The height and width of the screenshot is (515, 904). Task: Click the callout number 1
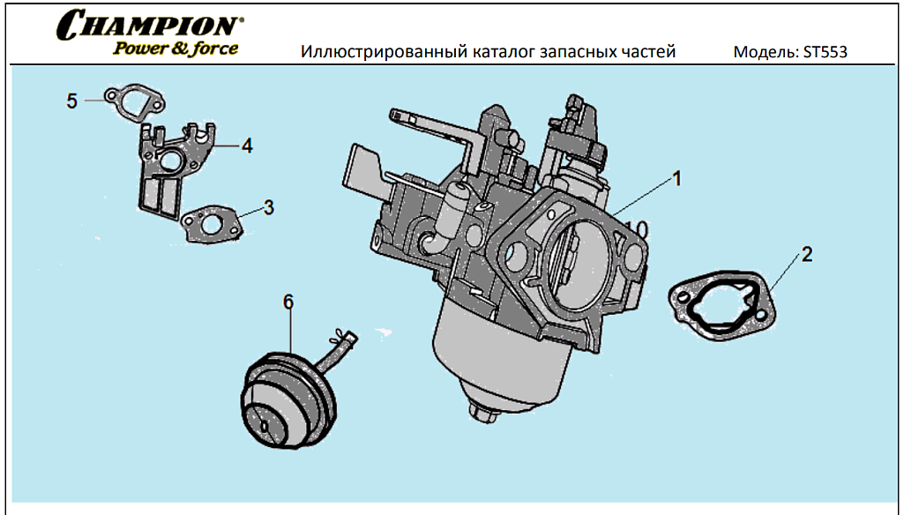click(x=677, y=179)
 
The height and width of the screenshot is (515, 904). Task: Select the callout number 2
click(x=806, y=255)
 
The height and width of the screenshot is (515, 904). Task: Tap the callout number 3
click(x=269, y=208)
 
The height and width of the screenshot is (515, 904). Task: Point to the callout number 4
click(x=247, y=146)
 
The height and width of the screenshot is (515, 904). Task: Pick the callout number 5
click(x=72, y=101)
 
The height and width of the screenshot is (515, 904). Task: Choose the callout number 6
click(x=288, y=302)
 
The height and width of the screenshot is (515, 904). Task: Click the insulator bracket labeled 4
click(x=172, y=168)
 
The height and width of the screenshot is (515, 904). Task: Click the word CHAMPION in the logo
click(x=150, y=24)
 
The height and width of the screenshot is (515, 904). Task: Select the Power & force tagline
click(x=176, y=48)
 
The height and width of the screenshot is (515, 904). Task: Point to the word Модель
click(x=766, y=52)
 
